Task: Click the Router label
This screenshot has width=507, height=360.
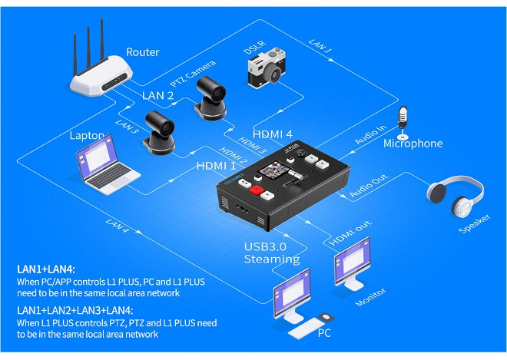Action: click(x=143, y=52)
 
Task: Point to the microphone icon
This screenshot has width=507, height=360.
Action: click(x=402, y=120)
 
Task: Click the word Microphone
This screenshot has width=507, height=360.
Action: click(x=413, y=144)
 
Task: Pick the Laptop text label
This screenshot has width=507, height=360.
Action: click(x=86, y=135)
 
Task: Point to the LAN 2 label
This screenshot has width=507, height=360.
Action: click(x=158, y=95)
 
